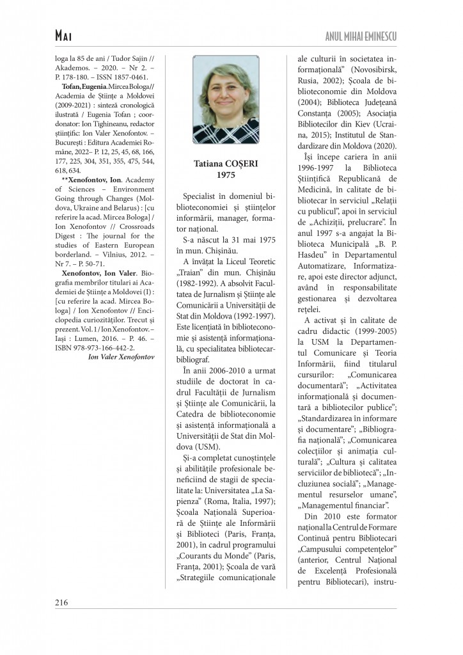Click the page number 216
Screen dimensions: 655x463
[x=61, y=602]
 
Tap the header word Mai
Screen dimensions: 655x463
[x=66, y=36]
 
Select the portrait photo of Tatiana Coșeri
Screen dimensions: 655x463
[x=226, y=99]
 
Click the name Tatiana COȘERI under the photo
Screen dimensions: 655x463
[x=226, y=164]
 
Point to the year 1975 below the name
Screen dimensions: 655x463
[x=226, y=175]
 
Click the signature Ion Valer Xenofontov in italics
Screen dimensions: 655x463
[x=121, y=356]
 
